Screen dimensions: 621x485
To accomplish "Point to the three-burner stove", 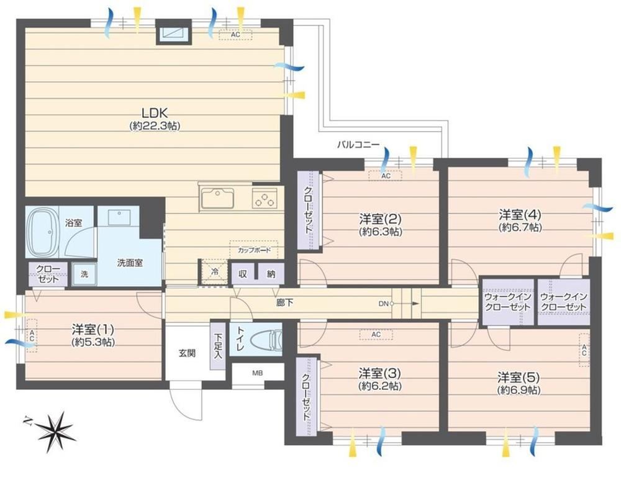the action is tap(265, 198).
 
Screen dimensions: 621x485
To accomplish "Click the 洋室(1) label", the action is tap(93, 329).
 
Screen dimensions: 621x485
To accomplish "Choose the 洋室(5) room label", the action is tap(519, 377).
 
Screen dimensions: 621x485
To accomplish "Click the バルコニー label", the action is tap(358, 145).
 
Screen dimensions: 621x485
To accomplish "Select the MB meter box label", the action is tap(258, 373).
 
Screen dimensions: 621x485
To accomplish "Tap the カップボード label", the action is tap(254, 250).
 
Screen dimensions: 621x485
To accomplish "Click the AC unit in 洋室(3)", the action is tap(376, 335).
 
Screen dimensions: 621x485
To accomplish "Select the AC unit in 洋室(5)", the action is tap(584, 350).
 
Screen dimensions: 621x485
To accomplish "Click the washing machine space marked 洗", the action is tap(84, 274).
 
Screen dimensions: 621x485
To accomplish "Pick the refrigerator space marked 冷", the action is tap(214, 272).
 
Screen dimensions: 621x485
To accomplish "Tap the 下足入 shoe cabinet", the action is tap(218, 347).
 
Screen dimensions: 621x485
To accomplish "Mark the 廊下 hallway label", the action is tap(285, 303).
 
